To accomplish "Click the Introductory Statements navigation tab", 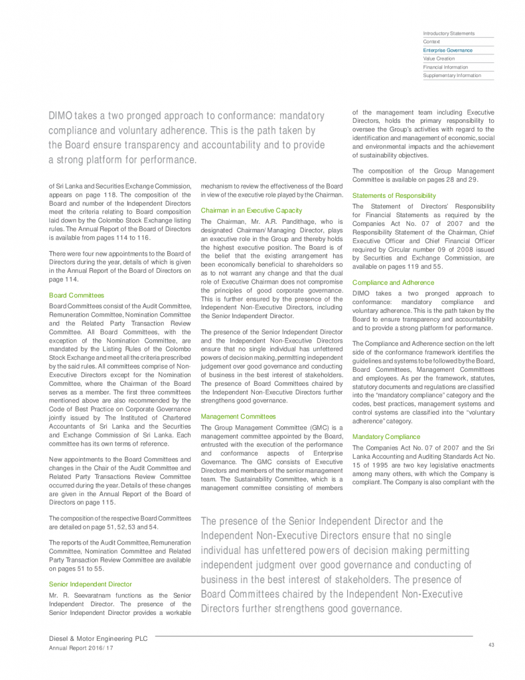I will click(x=449, y=33).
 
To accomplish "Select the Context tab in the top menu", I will click(x=431, y=42).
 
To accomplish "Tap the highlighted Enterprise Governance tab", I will click(x=447, y=50).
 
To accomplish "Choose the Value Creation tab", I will click(x=439, y=58).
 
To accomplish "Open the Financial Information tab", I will click(x=445, y=67).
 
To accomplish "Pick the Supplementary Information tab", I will click(x=451, y=76).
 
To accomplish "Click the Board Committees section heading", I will click(x=76, y=295).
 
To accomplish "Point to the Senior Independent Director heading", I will click(x=90, y=584).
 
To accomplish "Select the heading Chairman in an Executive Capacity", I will click(x=252, y=211).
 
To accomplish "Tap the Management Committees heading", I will click(x=238, y=416).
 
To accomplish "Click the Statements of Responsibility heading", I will click(x=394, y=196).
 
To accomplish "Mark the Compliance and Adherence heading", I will click(x=394, y=282).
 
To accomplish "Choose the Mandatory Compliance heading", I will click(x=386, y=436).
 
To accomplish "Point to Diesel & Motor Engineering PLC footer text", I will click(x=98, y=638).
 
